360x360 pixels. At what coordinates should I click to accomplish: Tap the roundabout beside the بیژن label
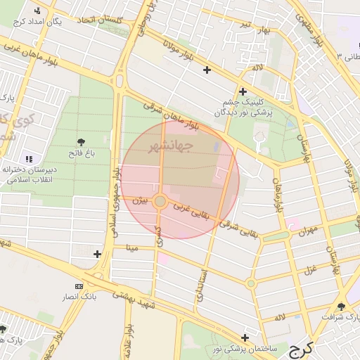click(x=160, y=202)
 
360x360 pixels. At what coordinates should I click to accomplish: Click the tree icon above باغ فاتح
click(x=82, y=142)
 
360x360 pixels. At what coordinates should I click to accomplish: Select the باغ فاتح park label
click(x=82, y=153)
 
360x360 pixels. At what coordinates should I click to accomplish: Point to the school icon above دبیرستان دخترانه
click(x=29, y=160)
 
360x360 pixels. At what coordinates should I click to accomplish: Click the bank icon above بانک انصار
click(x=78, y=286)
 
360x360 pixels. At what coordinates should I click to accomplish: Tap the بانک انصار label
click(x=79, y=297)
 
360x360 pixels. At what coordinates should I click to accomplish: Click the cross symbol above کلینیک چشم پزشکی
click(x=243, y=91)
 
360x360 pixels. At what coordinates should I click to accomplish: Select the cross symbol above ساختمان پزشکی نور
click(x=245, y=337)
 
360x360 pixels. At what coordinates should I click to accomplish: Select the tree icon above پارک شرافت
click(x=342, y=307)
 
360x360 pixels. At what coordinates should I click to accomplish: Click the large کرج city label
click(x=304, y=348)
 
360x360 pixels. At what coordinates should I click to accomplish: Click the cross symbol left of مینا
click(x=97, y=254)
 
